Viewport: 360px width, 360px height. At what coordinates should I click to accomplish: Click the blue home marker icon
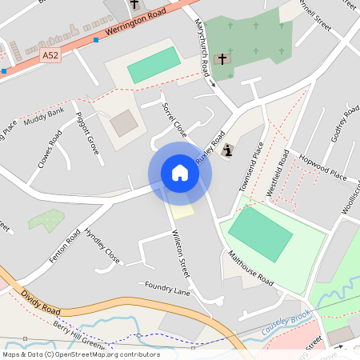[180, 173]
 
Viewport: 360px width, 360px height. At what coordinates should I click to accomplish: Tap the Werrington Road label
[134, 23]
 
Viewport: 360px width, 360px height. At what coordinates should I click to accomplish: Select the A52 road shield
[50, 55]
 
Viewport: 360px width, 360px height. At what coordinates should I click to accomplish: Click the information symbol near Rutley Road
[229, 149]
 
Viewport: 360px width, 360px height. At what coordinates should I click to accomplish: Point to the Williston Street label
[182, 254]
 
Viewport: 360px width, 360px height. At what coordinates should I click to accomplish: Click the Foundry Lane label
[167, 289]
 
